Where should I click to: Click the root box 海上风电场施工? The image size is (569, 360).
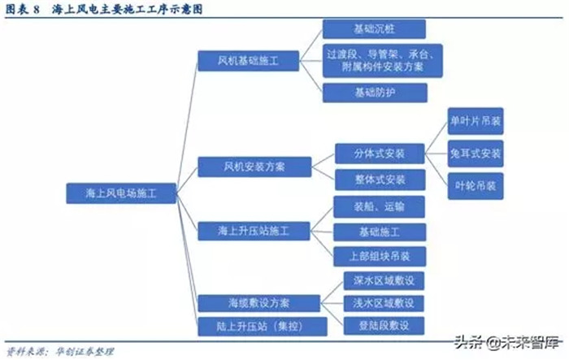click(x=121, y=193)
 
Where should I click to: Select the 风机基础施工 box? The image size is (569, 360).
click(x=249, y=61)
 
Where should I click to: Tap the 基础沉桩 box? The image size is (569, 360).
click(x=374, y=29)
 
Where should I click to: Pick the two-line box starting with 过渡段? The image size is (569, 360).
click(x=383, y=61)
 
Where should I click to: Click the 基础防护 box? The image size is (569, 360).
click(x=375, y=93)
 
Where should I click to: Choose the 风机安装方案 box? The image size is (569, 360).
click(x=254, y=167)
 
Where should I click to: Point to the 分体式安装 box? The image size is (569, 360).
click(x=380, y=154)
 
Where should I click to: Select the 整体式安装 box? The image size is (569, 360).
click(x=380, y=180)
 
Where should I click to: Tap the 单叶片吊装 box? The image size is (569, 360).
click(x=476, y=121)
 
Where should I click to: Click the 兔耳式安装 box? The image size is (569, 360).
click(x=476, y=154)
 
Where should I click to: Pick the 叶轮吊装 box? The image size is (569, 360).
click(x=476, y=186)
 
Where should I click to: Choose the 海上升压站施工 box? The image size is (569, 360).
click(x=254, y=231)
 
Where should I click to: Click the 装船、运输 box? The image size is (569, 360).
click(x=380, y=207)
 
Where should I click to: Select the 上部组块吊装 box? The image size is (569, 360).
click(x=380, y=257)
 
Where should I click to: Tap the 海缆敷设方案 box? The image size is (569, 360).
click(x=258, y=303)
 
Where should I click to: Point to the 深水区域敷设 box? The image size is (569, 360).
click(x=384, y=280)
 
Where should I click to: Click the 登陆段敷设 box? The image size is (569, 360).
click(x=384, y=326)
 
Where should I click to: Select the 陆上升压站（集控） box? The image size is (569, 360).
click(x=263, y=327)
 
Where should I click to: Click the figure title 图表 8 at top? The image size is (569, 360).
click(x=23, y=9)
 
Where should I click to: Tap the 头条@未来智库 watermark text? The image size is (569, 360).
click(x=508, y=343)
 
